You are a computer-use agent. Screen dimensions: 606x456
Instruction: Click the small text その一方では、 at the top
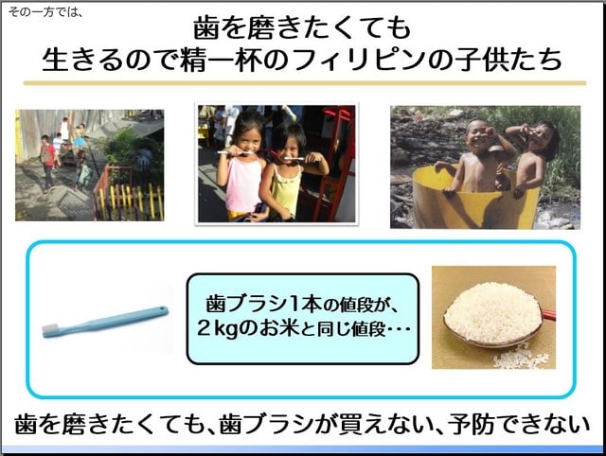pyautogui.click(x=45, y=12)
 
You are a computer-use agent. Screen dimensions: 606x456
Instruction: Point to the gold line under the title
pyautogui.click(x=305, y=83)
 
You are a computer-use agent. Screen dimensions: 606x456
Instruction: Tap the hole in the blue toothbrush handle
pyautogui.click(x=162, y=309)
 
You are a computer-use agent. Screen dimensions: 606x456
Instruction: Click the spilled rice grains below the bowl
pyautogui.click(x=521, y=359)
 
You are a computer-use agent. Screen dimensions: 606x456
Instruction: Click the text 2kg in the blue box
pyautogui.click(x=217, y=329)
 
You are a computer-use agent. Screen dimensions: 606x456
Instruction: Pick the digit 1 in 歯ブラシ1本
pyautogui.click(x=294, y=304)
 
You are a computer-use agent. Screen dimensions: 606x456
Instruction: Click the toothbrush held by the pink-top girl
pyautogui.click(x=234, y=152)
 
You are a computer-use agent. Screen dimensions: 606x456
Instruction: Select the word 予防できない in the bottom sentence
pyautogui.click(x=518, y=425)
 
